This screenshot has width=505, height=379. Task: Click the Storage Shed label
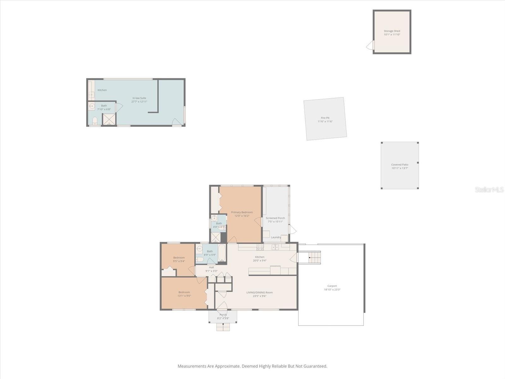point(392,31)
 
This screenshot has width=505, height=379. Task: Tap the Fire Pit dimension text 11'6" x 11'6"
point(325,122)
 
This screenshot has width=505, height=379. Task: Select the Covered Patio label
point(400,165)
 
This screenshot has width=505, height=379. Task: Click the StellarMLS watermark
point(489,189)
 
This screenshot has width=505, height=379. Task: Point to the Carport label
point(332,286)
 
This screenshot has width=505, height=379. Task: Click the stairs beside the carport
point(310,257)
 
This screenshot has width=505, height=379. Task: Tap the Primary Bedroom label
point(242,212)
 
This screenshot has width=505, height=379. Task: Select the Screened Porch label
point(275,218)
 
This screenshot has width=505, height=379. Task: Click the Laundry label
point(276,237)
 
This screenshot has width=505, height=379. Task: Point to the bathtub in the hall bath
point(222,254)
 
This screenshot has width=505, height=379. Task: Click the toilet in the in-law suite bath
point(95,120)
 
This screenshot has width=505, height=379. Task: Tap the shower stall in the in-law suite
point(109,119)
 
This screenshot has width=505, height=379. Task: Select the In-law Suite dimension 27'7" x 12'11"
point(139,102)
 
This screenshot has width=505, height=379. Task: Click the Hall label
point(211,267)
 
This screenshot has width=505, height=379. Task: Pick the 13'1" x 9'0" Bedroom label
point(184,292)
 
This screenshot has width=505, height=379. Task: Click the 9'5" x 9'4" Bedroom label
point(179,257)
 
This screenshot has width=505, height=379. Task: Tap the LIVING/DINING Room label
point(259,292)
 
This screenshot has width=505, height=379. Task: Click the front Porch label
point(223,315)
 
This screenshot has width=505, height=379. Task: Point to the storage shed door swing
point(370,45)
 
